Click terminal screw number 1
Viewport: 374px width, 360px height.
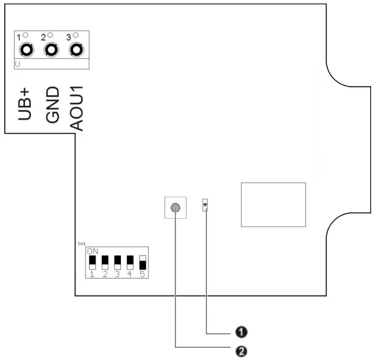tap(27, 50)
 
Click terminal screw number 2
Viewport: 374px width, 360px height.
tap(52, 50)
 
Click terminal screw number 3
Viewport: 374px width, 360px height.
tap(76, 50)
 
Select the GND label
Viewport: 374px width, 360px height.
tap(52, 104)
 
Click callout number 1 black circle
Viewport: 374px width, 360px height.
tap(241, 332)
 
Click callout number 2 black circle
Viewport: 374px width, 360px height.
tap(241, 351)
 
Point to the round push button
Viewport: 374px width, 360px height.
tap(176, 208)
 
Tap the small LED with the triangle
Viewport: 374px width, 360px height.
tap(205, 205)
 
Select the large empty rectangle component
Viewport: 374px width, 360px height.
tap(273, 204)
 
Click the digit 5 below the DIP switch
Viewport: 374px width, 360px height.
tap(143, 273)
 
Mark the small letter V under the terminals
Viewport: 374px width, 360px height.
tap(19, 64)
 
